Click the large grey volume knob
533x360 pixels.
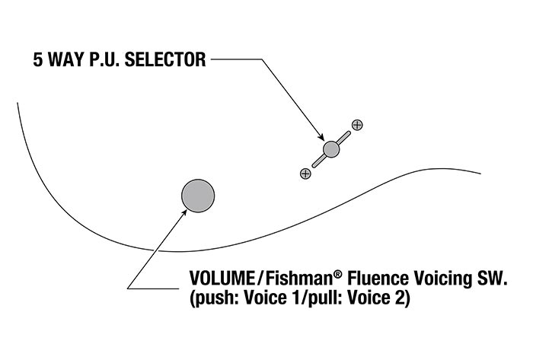click(198, 196)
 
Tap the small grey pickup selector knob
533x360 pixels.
click(331, 149)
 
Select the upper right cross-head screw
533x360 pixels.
click(357, 125)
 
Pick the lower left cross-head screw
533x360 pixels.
click(305, 174)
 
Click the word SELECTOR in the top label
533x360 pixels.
click(165, 60)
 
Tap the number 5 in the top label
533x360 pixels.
click(38, 60)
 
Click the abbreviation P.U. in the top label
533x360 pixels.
click(104, 60)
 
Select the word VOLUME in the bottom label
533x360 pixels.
click(222, 279)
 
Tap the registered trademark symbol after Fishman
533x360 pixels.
click(337, 274)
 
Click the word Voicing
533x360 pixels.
click(441, 279)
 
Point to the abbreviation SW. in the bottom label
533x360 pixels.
click(490, 279)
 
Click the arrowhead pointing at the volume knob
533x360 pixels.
click(184, 212)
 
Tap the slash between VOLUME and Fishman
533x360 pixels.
click(260, 279)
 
